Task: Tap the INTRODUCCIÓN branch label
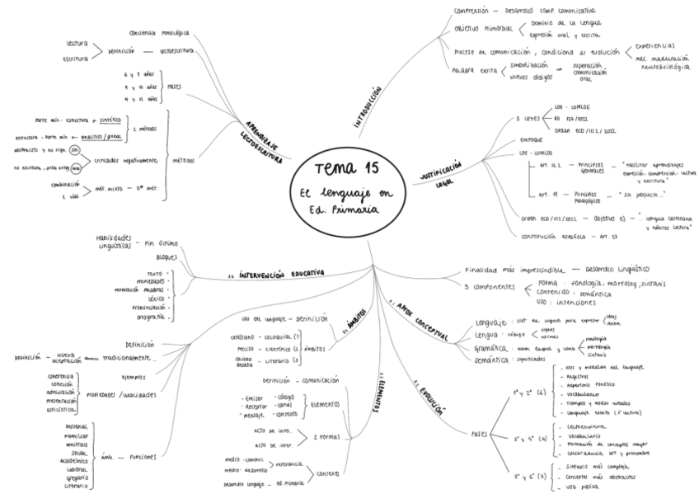pos(368,107)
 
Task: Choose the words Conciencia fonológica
pos(159,33)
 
